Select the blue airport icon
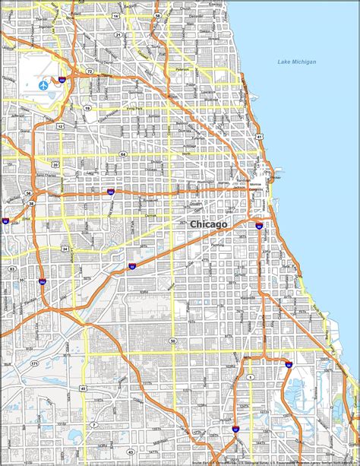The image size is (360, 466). pyautogui.click(x=43, y=84)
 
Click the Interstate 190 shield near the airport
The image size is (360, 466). pyautogui.click(x=62, y=78)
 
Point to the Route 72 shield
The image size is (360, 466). pyautogui.click(x=90, y=71)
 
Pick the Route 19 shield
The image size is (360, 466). pyautogui.click(x=87, y=109)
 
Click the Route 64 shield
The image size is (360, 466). pyautogui.click(x=123, y=154)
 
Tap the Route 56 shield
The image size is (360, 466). pyautogui.click(x=28, y=193)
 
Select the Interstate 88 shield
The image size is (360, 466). pyautogui.click(x=5, y=220)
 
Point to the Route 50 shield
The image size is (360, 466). pyautogui.click(x=173, y=341)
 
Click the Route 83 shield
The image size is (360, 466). pyautogui.click(x=11, y=268)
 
